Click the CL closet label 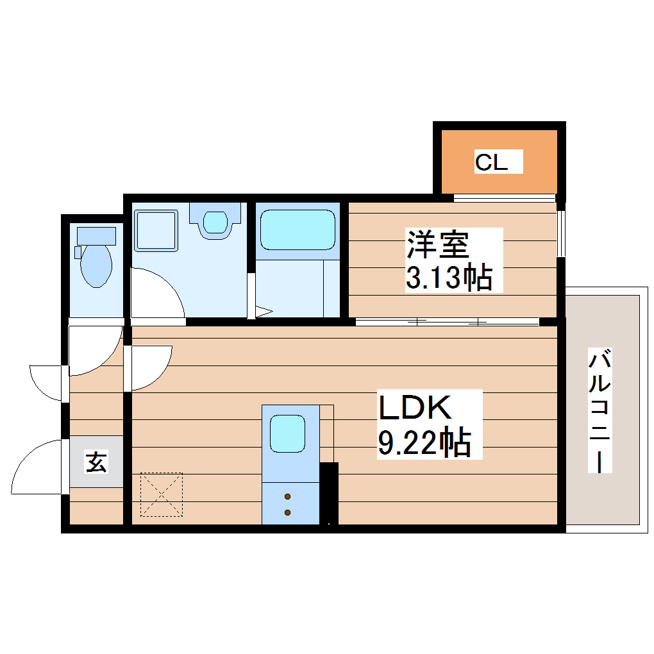pos(491,162)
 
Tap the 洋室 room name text pos(437,245)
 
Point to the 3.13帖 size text pos(449,278)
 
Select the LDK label pos(416,408)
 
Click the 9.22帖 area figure pos(424,442)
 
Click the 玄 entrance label pos(96,462)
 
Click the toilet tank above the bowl pos(96,235)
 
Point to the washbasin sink pos(215,221)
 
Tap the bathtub pos(297,230)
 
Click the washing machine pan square pos(156,230)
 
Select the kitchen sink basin pos(287,433)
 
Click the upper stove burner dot pos(287,496)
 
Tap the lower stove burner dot pos(287,512)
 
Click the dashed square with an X pos(162,494)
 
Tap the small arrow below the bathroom pos(264,312)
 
